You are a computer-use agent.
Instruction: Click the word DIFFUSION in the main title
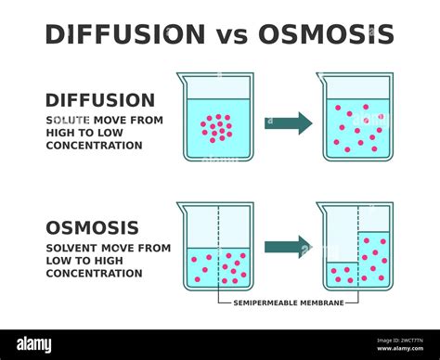125,34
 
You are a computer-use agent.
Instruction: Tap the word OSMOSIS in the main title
326,34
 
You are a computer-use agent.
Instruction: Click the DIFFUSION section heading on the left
100,100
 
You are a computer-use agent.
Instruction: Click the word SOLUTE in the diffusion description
66,121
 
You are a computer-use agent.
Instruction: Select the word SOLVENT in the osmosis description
71,248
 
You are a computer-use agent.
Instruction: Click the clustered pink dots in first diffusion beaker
216,128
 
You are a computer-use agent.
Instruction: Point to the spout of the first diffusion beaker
180,76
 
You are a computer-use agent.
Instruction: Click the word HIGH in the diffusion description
61,133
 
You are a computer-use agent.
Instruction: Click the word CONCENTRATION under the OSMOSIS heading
95,273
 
